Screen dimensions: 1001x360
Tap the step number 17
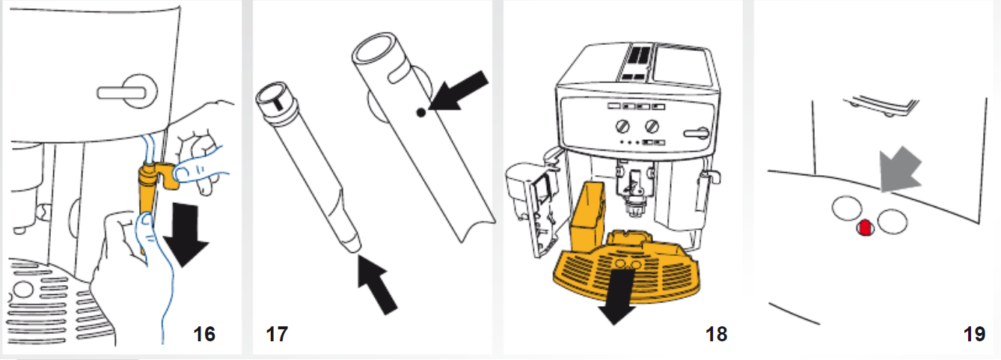coord(276,334)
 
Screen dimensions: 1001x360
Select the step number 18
coord(716,334)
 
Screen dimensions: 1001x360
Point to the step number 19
coord(974,334)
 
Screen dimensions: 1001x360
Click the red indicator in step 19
coord(864,228)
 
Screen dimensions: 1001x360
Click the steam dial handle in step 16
coord(125,92)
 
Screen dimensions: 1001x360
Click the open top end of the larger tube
coord(374,53)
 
